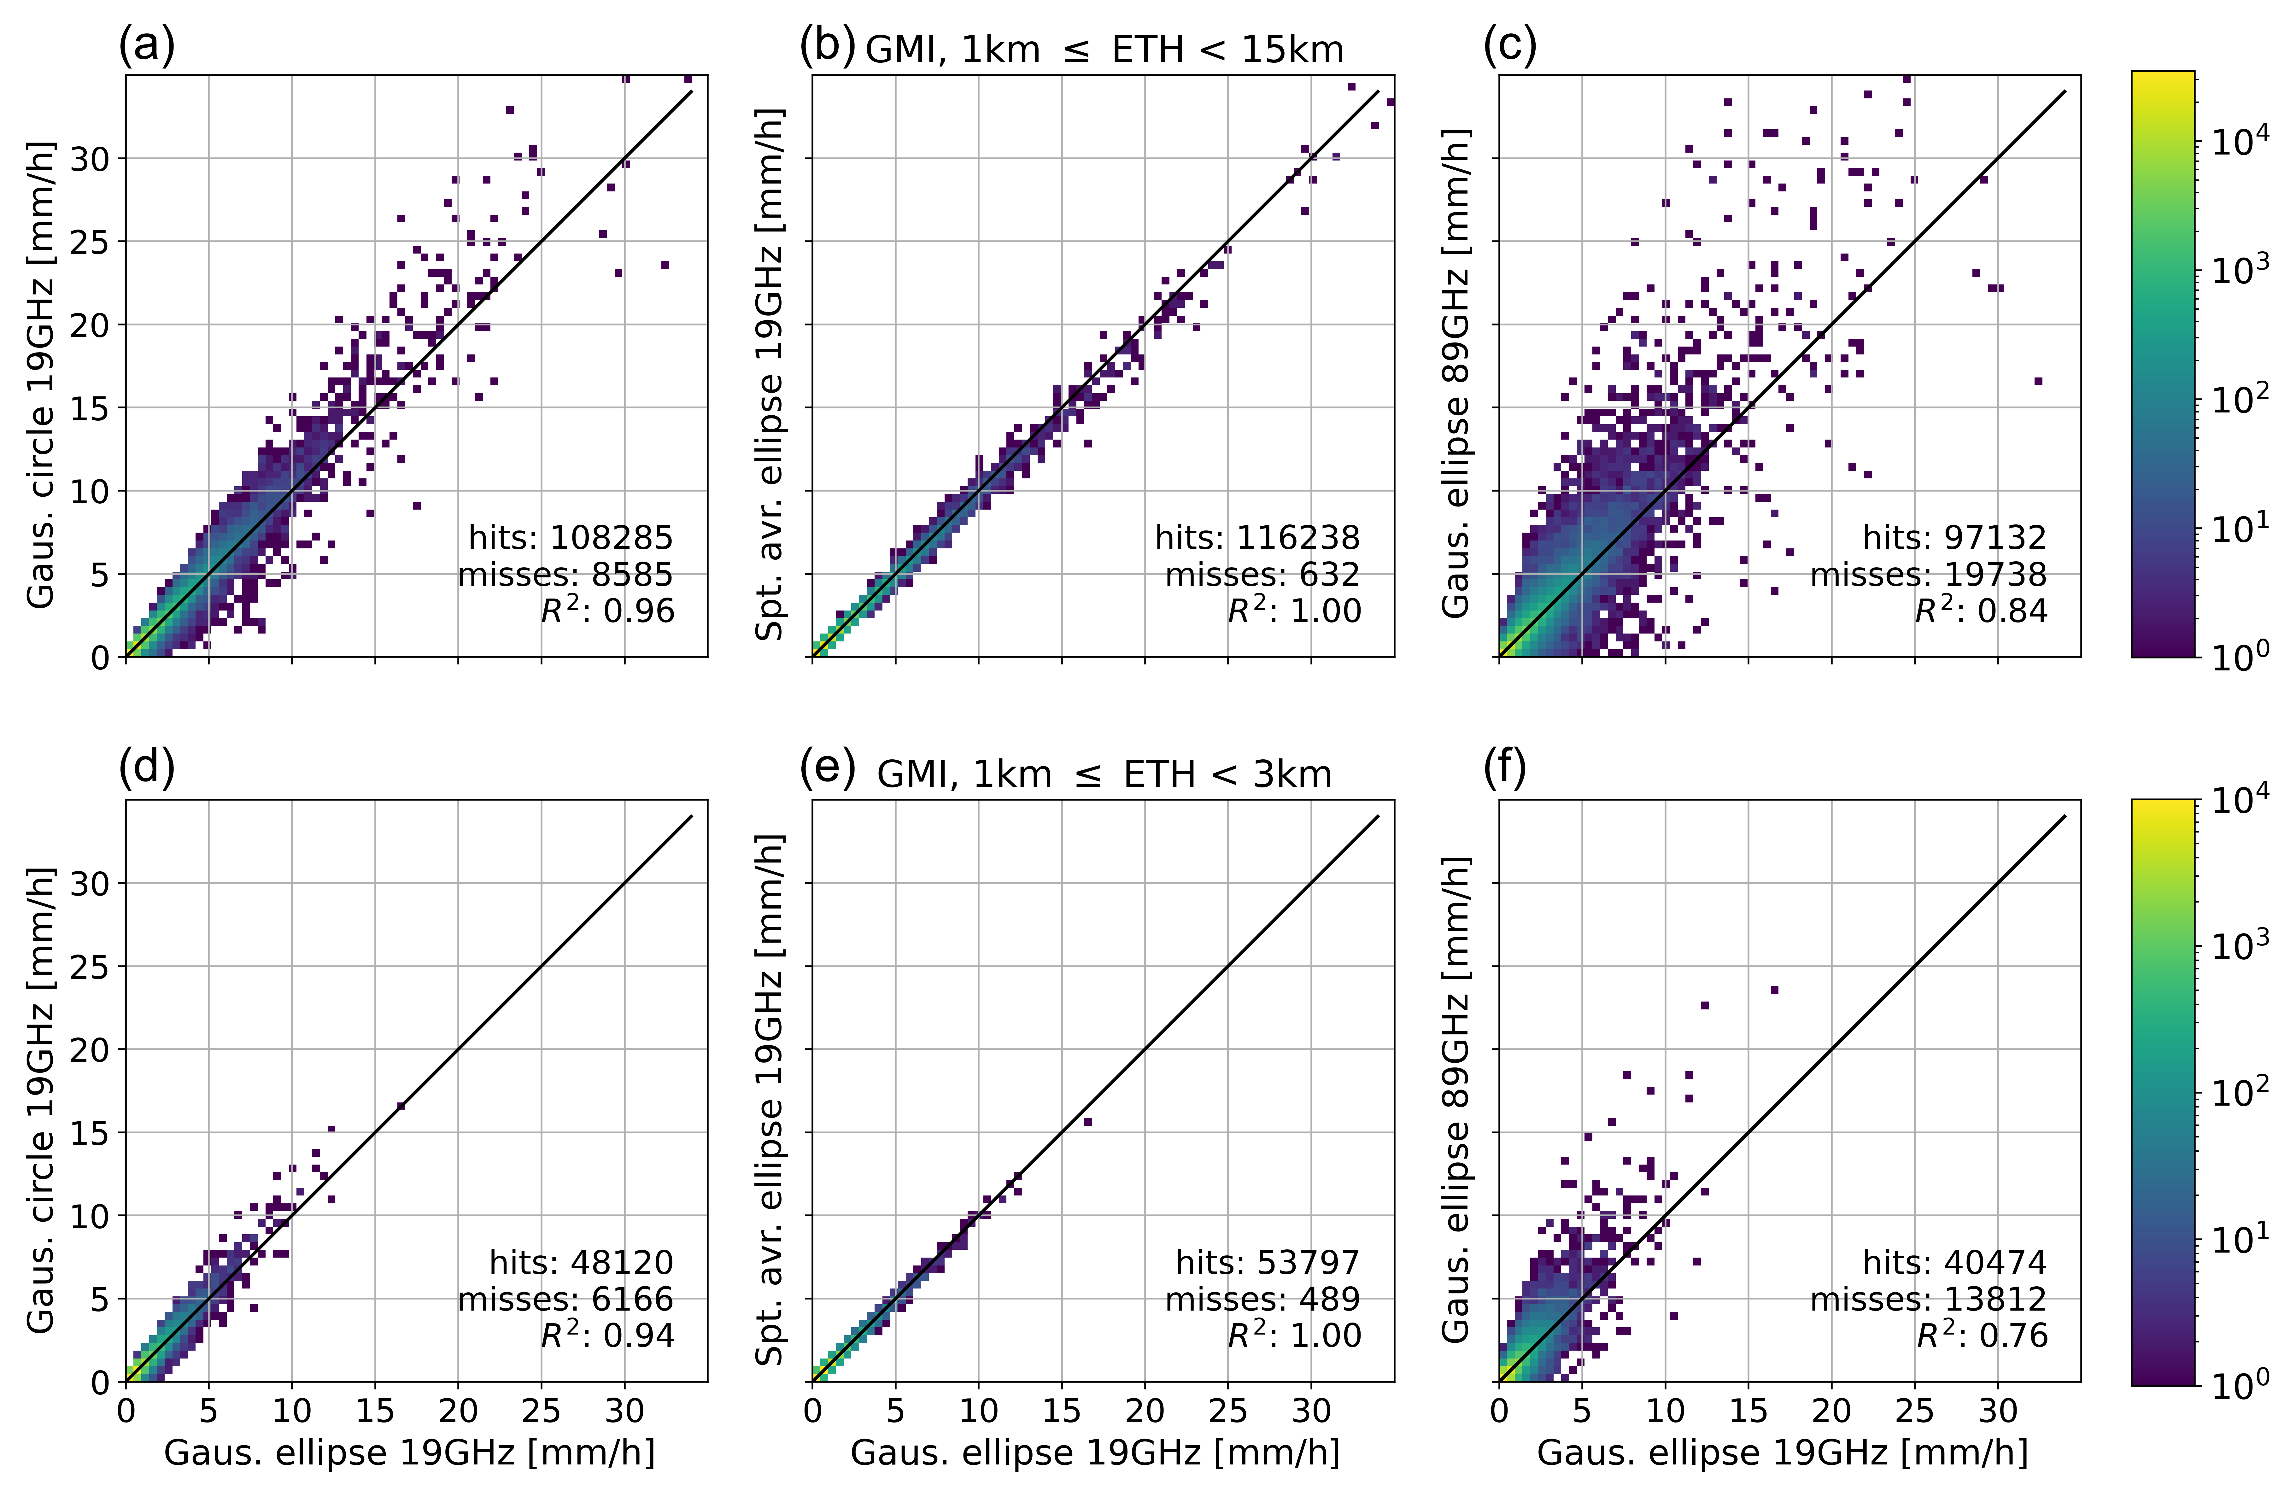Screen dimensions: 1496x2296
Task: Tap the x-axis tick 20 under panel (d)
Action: tap(458, 1411)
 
